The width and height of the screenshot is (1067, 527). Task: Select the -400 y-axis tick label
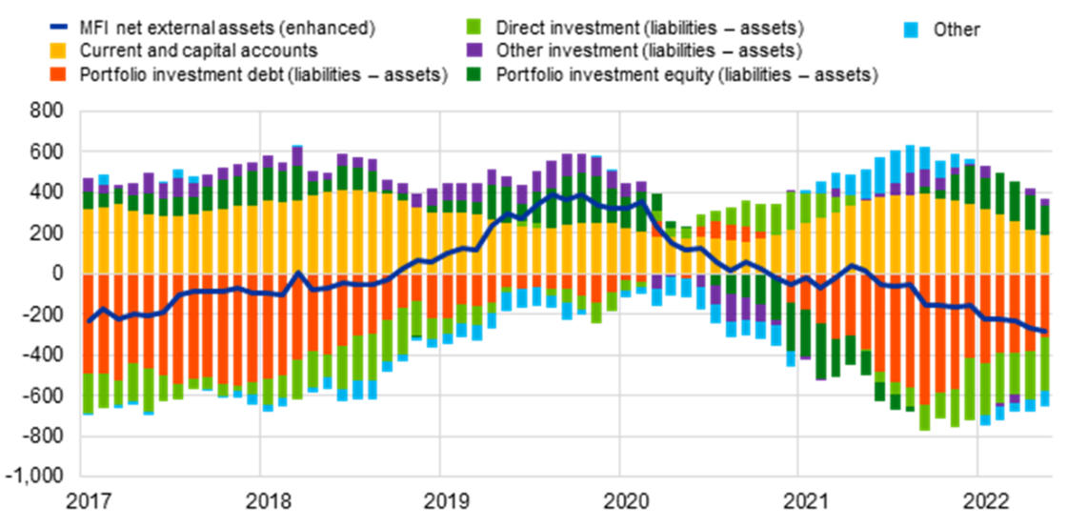tap(46, 355)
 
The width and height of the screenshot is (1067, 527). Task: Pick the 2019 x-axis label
tap(439, 500)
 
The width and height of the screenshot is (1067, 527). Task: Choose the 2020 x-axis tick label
tap(619, 500)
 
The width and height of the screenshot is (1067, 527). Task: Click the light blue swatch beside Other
tap(914, 29)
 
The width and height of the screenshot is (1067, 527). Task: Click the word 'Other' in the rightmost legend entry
tap(956, 29)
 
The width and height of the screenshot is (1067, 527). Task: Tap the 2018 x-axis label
tap(259, 500)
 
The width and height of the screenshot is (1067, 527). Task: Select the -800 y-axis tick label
tap(46, 436)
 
